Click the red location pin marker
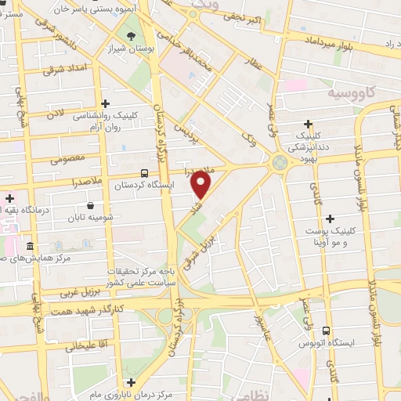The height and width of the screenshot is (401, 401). click(x=201, y=185)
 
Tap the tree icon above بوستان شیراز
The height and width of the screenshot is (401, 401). click(x=130, y=35)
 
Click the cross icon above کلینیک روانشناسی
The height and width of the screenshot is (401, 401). click(x=105, y=102)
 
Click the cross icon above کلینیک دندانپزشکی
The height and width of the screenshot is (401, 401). click(x=309, y=124)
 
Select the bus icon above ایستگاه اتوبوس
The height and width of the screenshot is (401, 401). click(x=326, y=331)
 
